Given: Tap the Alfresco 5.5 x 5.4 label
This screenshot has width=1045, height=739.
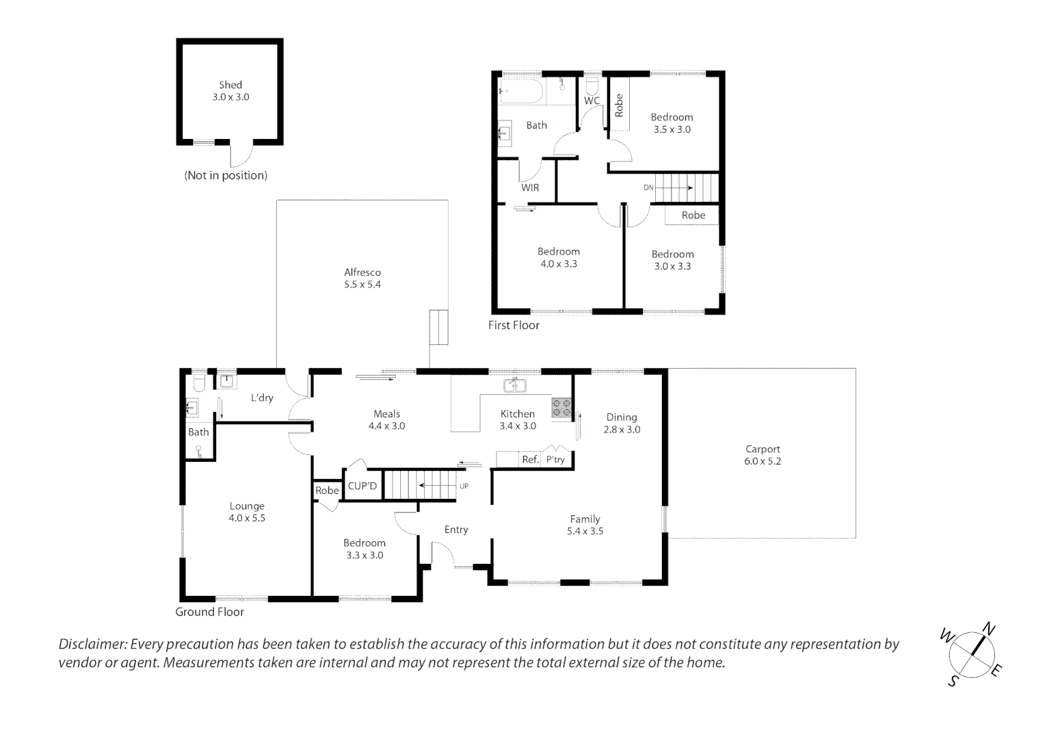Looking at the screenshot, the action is click(x=362, y=278).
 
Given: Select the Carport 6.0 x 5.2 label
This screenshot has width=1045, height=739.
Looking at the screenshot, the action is click(x=763, y=455).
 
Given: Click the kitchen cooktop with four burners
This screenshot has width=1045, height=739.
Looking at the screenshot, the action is click(x=561, y=408).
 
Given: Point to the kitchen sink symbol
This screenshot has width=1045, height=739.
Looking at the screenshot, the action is click(x=514, y=386).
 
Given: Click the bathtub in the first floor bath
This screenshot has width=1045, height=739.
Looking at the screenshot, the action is click(x=521, y=91).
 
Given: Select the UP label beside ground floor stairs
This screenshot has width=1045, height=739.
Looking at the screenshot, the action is click(x=464, y=486).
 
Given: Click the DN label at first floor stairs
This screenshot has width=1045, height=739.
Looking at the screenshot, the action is click(x=648, y=187).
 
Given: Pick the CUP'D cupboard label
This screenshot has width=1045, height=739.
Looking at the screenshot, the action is click(x=362, y=486).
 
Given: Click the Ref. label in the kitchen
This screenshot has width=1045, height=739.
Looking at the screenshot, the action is click(x=531, y=459).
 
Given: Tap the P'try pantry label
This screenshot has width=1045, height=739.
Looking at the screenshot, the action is click(x=555, y=460).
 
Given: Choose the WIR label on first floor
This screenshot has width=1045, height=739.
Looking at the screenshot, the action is click(x=530, y=187).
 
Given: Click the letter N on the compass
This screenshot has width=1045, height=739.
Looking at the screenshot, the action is click(x=989, y=630).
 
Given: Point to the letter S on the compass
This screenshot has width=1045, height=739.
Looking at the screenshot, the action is click(x=953, y=681).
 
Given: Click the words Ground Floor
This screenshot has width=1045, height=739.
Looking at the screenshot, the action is click(x=209, y=612).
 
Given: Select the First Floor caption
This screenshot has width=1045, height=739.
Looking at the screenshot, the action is click(x=514, y=326).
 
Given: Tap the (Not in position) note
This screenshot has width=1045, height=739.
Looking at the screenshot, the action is click(x=226, y=176).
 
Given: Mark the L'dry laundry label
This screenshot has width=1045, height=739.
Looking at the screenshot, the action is click(x=262, y=398).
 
